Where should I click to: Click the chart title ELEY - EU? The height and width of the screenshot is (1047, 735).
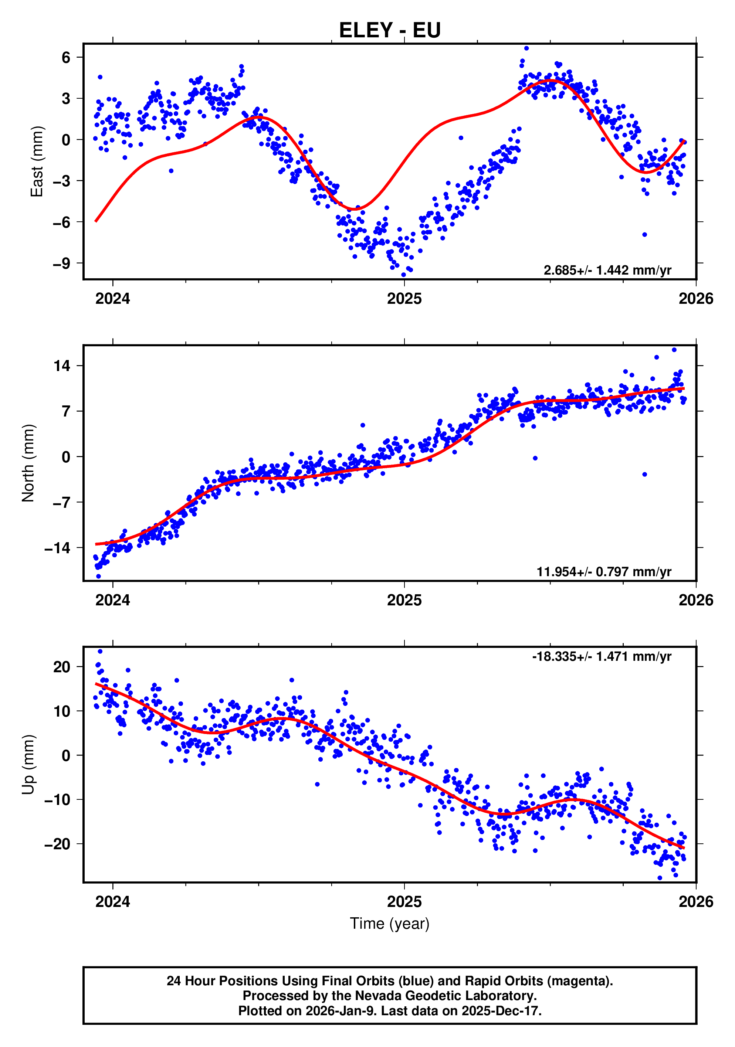(390, 31)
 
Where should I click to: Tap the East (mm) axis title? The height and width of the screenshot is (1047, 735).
(37, 162)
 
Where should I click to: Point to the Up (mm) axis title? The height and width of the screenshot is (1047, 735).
(28, 765)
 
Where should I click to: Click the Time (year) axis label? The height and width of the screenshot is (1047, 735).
(390, 924)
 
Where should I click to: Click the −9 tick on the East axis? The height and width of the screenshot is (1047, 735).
(62, 264)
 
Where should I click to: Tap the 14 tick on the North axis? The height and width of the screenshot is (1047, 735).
(62, 366)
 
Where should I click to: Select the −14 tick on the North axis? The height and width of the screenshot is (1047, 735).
(57, 548)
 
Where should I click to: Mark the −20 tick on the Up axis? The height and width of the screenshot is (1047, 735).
(57, 844)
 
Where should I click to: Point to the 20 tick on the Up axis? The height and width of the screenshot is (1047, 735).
(62, 667)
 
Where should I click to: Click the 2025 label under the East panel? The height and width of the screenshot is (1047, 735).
(404, 299)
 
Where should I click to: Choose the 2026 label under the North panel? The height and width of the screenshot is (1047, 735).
(696, 601)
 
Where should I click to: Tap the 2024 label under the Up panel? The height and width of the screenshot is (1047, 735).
(113, 902)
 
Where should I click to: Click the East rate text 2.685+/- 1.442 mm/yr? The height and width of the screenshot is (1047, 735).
(607, 271)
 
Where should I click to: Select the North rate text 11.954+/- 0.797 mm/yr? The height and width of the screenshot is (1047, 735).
(604, 572)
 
